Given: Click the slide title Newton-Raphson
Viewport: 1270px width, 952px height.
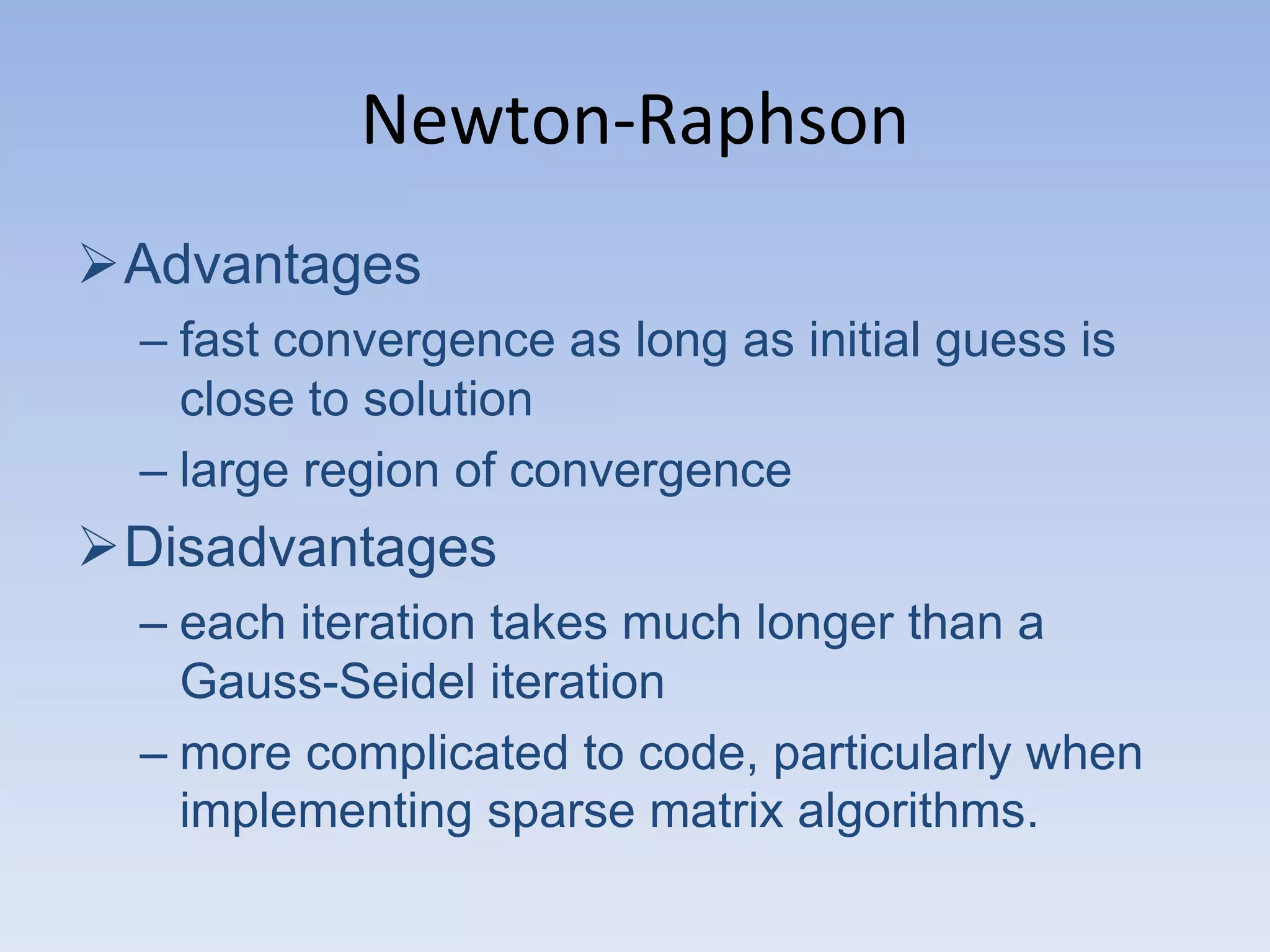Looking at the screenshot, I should point(634,121).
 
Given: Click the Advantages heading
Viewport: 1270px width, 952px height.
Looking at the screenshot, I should point(272,265).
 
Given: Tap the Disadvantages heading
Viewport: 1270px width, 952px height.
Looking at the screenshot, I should point(310,547).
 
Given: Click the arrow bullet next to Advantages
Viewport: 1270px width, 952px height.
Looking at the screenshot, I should point(98,265).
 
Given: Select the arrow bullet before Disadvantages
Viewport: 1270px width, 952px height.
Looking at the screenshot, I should point(98,547).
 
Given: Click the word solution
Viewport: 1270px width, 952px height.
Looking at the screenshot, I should point(448,399).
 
